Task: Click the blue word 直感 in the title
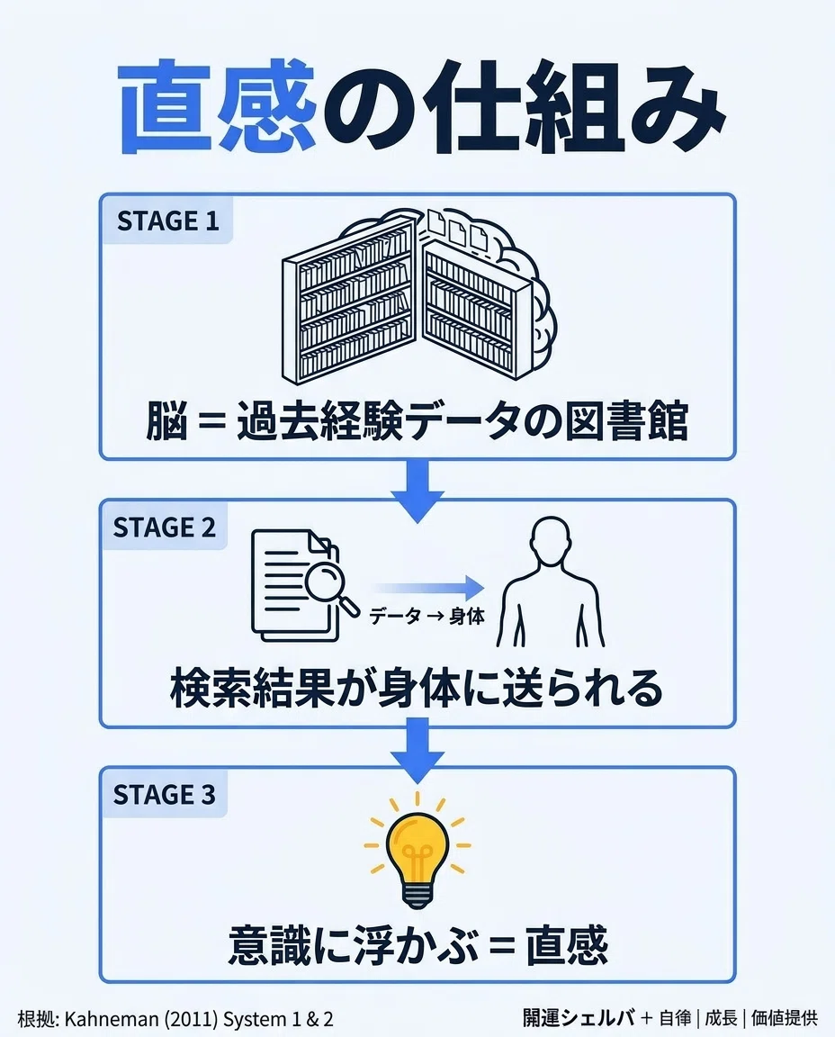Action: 218,107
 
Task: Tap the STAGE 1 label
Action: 168,221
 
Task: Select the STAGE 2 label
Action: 165,528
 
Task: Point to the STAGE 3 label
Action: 165,795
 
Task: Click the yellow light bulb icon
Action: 417,851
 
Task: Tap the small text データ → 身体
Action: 426,617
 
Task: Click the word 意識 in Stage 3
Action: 267,946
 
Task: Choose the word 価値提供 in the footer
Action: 785,1017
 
